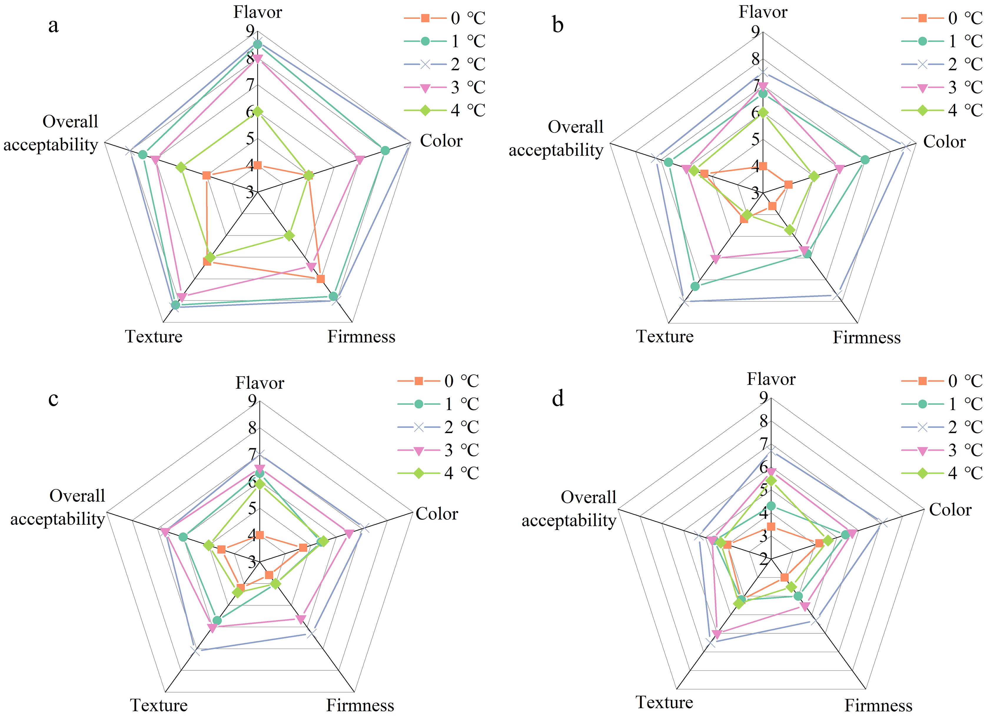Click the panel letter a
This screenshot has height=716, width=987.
pyautogui.click(x=53, y=26)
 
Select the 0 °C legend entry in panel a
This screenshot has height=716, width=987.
pyautogui.click(x=444, y=18)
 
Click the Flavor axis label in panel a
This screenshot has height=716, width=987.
pyautogui.click(x=257, y=12)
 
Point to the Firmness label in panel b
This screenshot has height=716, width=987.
pyautogui.click(x=866, y=337)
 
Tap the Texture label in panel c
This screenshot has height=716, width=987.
pyautogui.click(x=159, y=705)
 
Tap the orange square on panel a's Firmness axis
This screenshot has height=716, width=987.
pyautogui.click(x=321, y=279)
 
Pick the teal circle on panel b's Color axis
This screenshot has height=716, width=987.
pyautogui.click(x=865, y=160)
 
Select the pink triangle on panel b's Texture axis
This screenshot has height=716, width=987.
pyautogui.click(x=715, y=259)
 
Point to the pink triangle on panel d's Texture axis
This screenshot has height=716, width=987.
pyautogui.click(x=717, y=634)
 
